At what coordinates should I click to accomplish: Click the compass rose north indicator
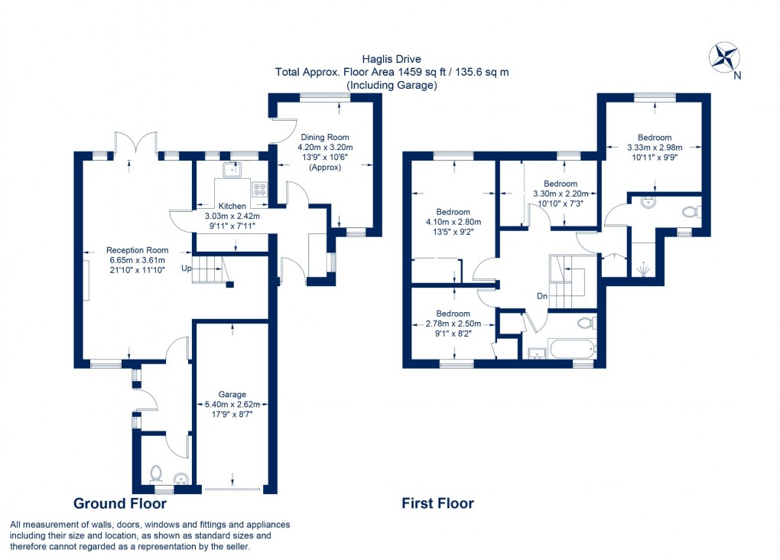tap(724, 58)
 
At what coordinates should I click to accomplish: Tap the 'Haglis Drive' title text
tap(392, 58)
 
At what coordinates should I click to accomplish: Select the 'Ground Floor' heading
tap(119, 503)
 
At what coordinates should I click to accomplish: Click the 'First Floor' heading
tap(437, 503)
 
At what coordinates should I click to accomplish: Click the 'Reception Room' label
tap(137, 250)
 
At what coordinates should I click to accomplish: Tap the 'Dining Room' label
tap(325, 138)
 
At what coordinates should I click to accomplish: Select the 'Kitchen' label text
tap(232, 207)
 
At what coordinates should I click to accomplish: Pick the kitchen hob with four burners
tap(258, 188)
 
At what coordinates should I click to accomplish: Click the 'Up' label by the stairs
tap(186, 269)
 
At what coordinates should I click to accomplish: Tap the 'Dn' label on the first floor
tap(542, 296)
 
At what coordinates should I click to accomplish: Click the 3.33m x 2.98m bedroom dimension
tap(654, 148)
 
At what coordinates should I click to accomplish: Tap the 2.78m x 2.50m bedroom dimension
tap(453, 324)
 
